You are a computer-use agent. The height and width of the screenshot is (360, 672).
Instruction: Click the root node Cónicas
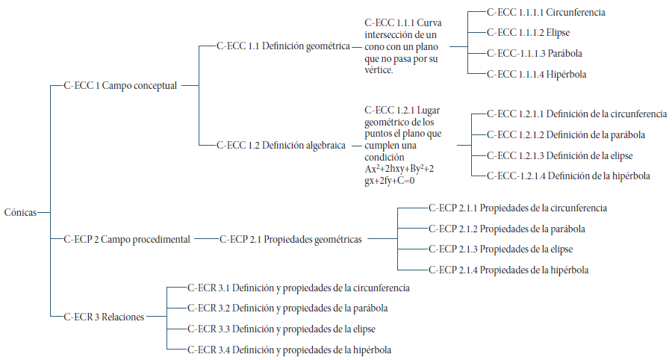(x=19, y=212)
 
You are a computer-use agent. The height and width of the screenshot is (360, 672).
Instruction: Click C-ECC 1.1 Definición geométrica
(x=283, y=46)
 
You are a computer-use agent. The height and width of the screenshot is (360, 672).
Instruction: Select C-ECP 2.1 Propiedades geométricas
(x=290, y=240)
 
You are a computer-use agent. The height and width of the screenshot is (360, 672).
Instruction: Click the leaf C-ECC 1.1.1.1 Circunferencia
(x=545, y=13)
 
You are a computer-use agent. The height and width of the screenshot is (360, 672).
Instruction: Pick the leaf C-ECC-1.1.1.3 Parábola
(x=535, y=54)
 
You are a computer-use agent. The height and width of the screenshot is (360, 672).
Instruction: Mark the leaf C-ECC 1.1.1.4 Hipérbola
(x=536, y=75)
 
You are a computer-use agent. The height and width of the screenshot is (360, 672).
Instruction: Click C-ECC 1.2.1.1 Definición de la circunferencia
(x=576, y=114)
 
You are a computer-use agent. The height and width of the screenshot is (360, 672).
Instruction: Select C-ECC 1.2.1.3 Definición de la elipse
(x=559, y=156)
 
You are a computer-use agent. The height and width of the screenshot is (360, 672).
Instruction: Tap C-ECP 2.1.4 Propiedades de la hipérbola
(x=508, y=270)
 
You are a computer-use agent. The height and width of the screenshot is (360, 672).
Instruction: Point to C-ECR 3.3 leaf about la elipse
(x=281, y=329)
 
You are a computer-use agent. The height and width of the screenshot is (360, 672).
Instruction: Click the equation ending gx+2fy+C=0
(x=389, y=180)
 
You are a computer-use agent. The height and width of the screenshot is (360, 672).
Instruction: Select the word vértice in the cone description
(x=379, y=69)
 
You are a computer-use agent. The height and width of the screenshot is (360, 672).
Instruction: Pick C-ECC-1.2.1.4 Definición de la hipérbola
(x=567, y=176)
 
